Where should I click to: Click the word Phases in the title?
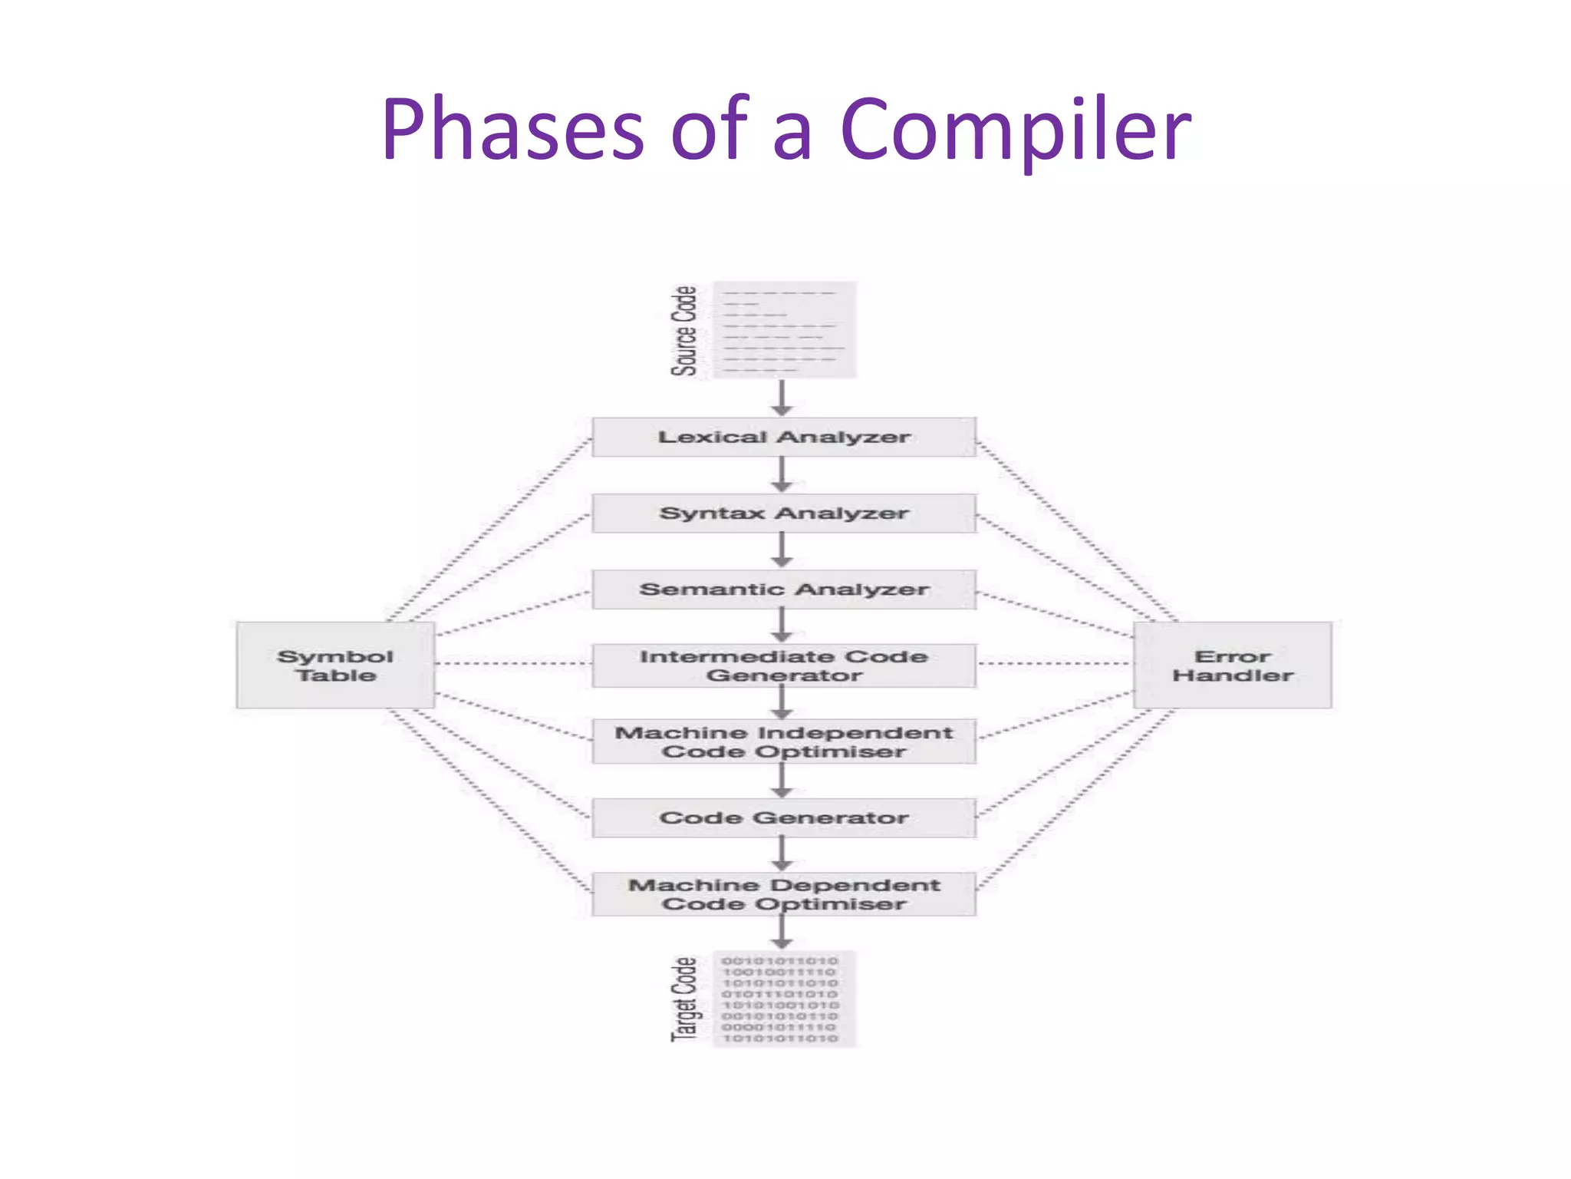(x=512, y=130)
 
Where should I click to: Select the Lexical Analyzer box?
(x=783, y=437)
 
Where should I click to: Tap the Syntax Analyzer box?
(x=783, y=513)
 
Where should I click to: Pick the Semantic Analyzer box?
(x=783, y=589)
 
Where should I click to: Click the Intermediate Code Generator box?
(x=783, y=665)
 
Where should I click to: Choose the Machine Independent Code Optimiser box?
(x=783, y=741)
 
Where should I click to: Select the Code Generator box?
(x=783, y=817)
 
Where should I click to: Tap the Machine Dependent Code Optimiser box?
(x=783, y=894)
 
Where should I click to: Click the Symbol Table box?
(x=335, y=665)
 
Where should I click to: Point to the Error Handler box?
(x=1232, y=665)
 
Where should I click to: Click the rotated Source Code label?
(x=684, y=331)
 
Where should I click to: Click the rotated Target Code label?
(x=684, y=999)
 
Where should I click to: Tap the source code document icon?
(x=784, y=330)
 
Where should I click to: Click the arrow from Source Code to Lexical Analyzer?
(x=782, y=398)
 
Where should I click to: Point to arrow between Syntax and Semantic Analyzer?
(x=782, y=550)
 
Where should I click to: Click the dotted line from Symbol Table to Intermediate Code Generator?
(x=512, y=663)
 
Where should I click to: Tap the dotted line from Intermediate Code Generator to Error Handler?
(x=1055, y=663)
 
